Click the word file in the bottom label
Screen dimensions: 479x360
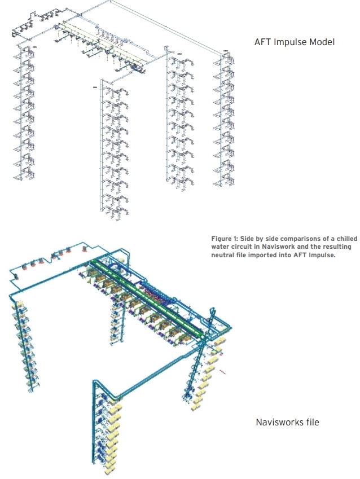(310, 421)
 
